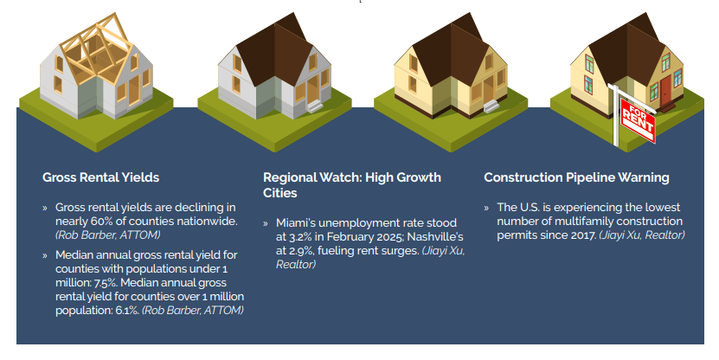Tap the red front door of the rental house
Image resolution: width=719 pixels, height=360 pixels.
pyautogui.click(x=665, y=90)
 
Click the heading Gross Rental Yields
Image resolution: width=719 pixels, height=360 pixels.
pyautogui.click(x=101, y=177)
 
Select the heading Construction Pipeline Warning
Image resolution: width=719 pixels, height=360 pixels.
pyautogui.click(x=576, y=177)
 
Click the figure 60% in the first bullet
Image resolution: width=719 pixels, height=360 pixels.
pyautogui.click(x=101, y=221)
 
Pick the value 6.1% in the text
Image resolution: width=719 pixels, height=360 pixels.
pyautogui.click(x=127, y=310)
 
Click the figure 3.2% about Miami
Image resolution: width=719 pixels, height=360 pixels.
pyautogui.click(x=300, y=236)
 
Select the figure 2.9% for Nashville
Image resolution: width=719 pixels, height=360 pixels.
pyautogui.click(x=300, y=250)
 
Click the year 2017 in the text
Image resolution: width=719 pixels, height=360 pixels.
pyautogui.click(x=583, y=235)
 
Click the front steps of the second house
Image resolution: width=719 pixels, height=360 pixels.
pyautogui.click(x=315, y=106)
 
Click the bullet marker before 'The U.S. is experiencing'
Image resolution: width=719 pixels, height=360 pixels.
pyautogui.click(x=486, y=208)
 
